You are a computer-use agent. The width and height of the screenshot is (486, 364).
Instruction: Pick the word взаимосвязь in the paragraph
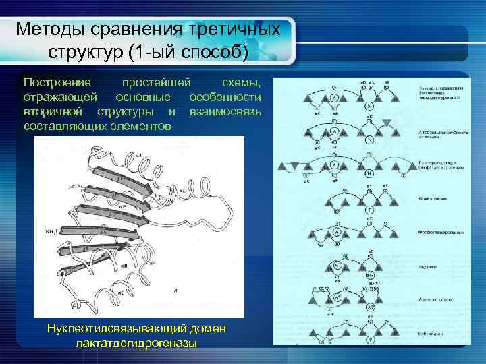point(225,111)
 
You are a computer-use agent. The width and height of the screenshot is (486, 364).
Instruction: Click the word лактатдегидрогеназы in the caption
point(137,343)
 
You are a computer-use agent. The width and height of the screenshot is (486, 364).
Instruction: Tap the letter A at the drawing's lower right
point(175,291)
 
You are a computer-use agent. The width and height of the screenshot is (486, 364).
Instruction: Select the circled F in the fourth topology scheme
point(370,210)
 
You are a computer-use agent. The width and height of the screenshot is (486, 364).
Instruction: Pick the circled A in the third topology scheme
point(335,166)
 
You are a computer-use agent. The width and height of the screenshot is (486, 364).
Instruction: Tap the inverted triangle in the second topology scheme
point(387,123)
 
